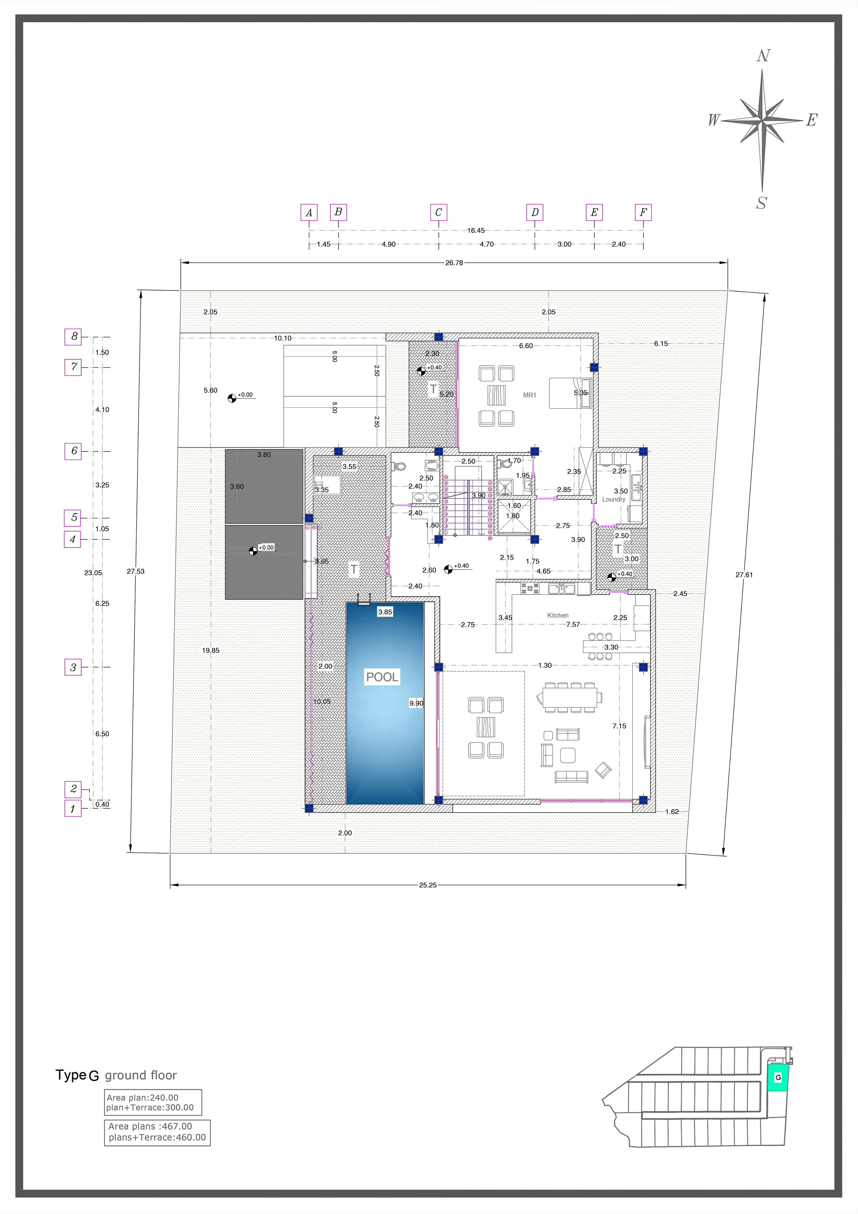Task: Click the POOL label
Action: pos(382,677)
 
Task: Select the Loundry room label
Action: pos(614,499)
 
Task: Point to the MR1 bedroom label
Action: pos(530,395)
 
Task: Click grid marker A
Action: pos(309,212)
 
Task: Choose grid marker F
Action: pos(643,212)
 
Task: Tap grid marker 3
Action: pos(73,667)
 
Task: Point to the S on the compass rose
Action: pos(761,203)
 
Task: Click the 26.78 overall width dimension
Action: pos(454,263)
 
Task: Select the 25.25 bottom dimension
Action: pos(428,885)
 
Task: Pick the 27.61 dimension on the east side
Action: pos(744,575)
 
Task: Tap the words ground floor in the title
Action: pos(141,1076)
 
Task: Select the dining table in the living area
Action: pos(569,698)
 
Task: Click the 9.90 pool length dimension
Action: pos(416,703)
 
